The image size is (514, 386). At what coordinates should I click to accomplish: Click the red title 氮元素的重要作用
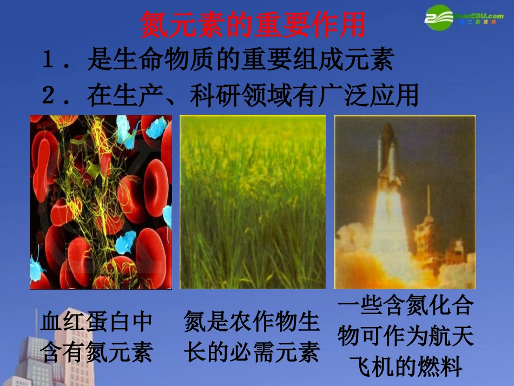click(x=253, y=25)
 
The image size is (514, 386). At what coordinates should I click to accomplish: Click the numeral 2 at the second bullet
click(x=49, y=96)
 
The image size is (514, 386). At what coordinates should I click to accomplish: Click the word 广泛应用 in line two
click(x=369, y=96)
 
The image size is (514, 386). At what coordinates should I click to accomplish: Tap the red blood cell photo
click(x=101, y=202)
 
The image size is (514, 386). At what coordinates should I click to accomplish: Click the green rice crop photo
click(x=253, y=202)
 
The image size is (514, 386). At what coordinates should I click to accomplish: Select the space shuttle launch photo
click(x=405, y=202)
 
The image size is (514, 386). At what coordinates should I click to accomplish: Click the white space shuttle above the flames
click(x=388, y=157)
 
